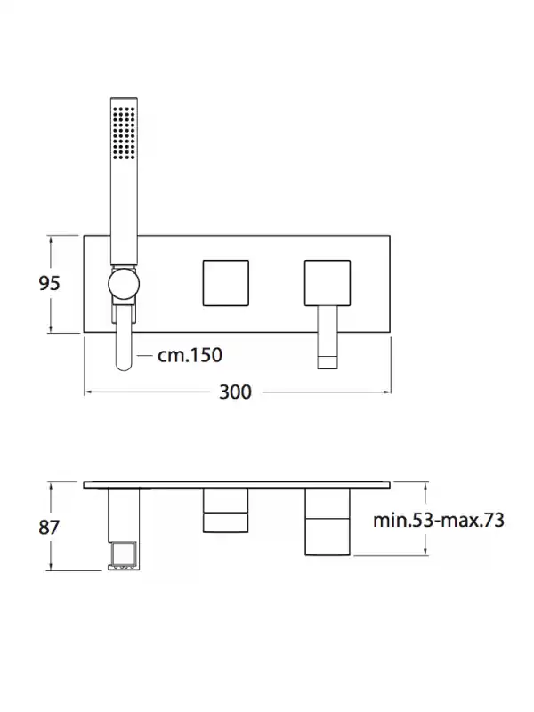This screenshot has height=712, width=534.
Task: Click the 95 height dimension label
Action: coord(49,283)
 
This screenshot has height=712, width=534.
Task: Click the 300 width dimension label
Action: coord(235,392)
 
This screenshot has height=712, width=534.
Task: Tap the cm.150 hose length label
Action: coord(190,355)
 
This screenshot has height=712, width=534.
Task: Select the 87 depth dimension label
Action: coord(49,527)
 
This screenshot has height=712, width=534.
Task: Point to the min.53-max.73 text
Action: coord(439,520)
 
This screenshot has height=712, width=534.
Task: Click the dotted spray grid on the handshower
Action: coord(124,133)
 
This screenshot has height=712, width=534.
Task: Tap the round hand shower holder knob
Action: coord(124,284)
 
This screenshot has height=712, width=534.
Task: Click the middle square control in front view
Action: coord(226,283)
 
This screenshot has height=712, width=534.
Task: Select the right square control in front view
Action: coord(328,283)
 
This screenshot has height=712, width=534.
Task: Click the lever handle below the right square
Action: coord(328,337)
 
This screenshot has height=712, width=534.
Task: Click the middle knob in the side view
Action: coord(226,510)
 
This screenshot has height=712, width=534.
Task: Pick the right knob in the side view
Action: coord(328,522)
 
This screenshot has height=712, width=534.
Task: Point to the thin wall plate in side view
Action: coord(237,485)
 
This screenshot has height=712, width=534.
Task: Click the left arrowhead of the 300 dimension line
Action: coord(88,392)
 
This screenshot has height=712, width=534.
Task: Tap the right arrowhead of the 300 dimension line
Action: coord(387,392)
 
